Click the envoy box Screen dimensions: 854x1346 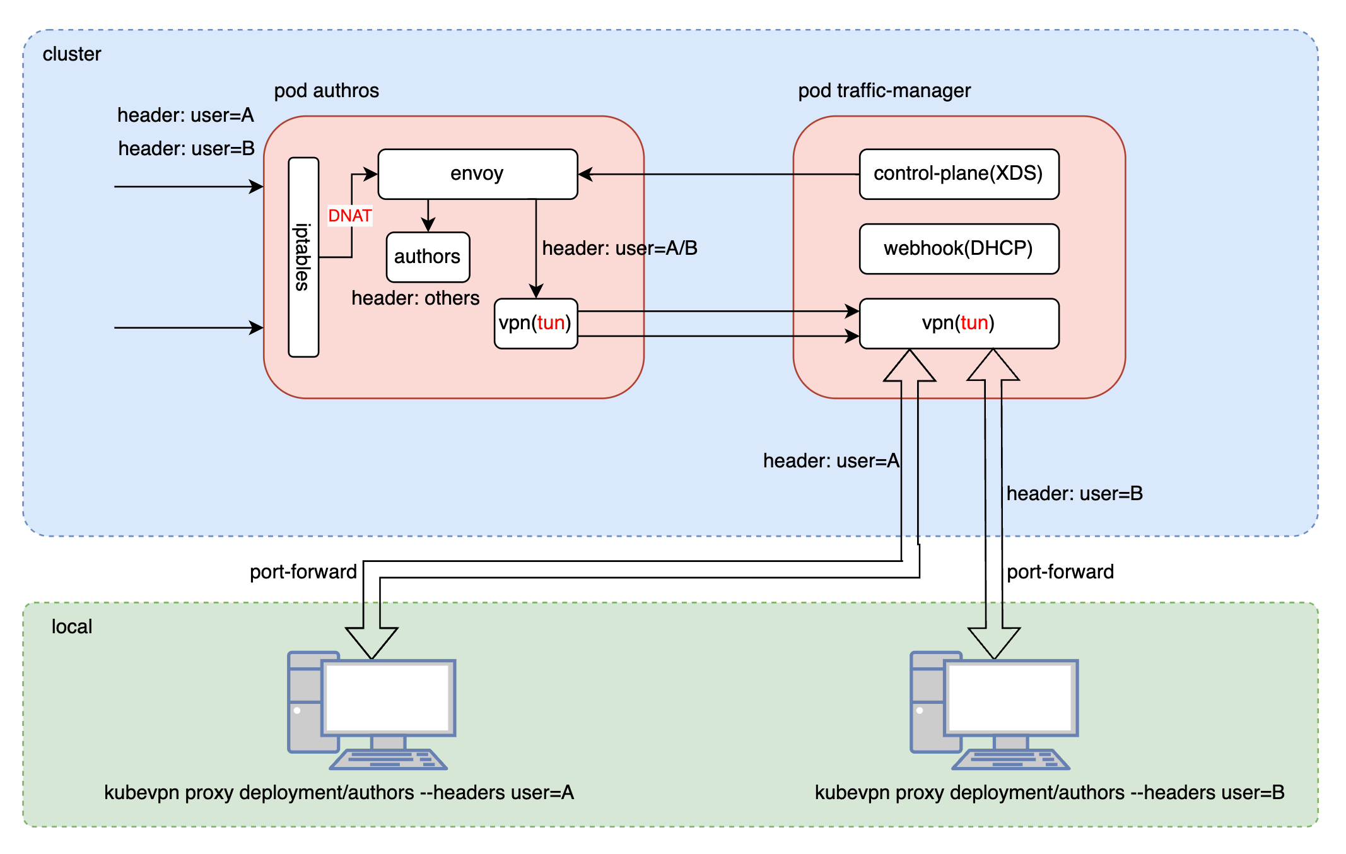point(477,174)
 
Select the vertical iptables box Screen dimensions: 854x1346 point(303,257)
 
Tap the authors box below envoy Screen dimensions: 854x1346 point(428,257)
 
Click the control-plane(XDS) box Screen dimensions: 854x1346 point(959,174)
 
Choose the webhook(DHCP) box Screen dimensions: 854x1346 point(959,249)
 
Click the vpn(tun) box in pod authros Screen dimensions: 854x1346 point(535,323)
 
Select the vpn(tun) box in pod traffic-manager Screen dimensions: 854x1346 point(959,323)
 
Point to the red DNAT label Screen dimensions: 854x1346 point(349,216)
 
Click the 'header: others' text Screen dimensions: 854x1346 point(415,298)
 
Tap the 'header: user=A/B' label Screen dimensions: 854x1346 point(619,249)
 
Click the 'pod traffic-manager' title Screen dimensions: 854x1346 point(884,91)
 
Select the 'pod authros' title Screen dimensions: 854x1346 point(326,91)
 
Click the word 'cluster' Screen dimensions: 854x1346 point(71,54)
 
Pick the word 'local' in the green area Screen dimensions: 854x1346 point(71,626)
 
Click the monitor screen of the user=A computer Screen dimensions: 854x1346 point(389,697)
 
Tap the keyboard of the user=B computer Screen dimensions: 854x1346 point(1010,759)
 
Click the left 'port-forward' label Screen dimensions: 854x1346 point(303,571)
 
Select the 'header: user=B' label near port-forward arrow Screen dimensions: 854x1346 point(1074,493)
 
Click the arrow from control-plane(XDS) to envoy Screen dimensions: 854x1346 point(719,174)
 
